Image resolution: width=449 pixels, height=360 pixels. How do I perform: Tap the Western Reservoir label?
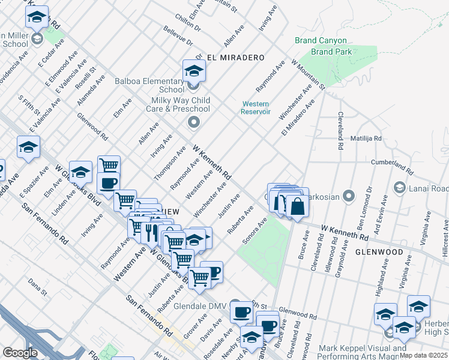pos(256,108)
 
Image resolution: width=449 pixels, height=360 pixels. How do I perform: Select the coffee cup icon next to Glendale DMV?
pos(241,311)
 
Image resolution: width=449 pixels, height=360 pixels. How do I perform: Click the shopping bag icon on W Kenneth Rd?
pos(297,206)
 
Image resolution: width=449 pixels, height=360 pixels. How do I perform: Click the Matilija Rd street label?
pos(366,138)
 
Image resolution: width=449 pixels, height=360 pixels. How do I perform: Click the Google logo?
pos(20,352)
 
